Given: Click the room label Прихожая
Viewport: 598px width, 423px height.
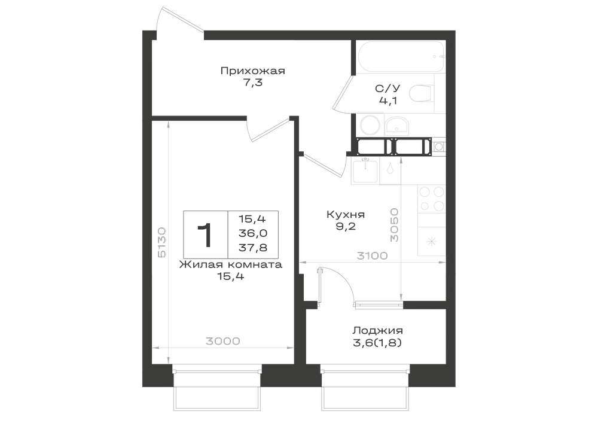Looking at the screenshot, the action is (252, 71).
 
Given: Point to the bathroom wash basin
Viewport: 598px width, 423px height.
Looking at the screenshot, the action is (396, 125).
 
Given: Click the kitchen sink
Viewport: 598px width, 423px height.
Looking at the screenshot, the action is (365, 172).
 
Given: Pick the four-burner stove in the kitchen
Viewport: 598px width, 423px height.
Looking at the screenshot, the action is (432, 199).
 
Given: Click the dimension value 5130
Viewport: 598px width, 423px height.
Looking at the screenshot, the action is (161, 243).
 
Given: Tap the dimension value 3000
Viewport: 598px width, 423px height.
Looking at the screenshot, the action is (223, 340).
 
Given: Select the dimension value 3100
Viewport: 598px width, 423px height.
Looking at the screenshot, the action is (372, 255).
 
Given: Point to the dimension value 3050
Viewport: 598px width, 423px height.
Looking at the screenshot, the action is (394, 225).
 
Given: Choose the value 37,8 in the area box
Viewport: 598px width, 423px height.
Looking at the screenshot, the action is (253, 248).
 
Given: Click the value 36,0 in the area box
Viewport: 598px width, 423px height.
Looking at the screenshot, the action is (253, 233).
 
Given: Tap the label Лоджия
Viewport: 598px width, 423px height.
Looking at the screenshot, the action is (377, 330).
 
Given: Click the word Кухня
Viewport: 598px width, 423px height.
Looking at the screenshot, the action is (346, 215).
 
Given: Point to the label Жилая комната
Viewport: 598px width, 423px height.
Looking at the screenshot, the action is (231, 264).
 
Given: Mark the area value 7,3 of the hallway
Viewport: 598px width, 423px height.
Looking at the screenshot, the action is (252, 83).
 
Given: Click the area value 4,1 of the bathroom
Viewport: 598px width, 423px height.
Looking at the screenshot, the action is (388, 101).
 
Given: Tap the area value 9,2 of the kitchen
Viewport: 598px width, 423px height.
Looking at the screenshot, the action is (346, 227).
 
